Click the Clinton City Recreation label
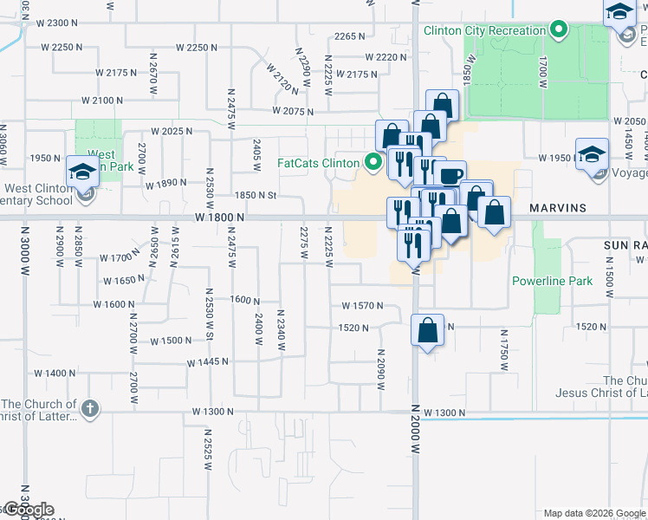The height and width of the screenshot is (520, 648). pyautogui.click(x=484, y=31)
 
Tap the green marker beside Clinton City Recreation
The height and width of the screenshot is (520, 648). pyautogui.click(x=559, y=31)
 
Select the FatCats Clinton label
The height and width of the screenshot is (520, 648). pyautogui.click(x=318, y=163)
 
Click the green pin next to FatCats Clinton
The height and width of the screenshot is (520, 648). pyautogui.click(x=373, y=162)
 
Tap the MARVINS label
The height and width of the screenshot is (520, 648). pyautogui.click(x=558, y=208)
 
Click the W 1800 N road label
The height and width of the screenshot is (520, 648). pyautogui.click(x=217, y=218)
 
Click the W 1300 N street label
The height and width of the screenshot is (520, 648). pyautogui.click(x=215, y=411)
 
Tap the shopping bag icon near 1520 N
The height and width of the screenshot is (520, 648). pyautogui.click(x=428, y=330)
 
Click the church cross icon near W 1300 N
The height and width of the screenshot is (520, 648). pyautogui.click(x=91, y=407)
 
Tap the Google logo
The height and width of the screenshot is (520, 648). pyautogui.click(x=28, y=510)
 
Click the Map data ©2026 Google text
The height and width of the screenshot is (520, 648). pyautogui.click(x=593, y=513)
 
